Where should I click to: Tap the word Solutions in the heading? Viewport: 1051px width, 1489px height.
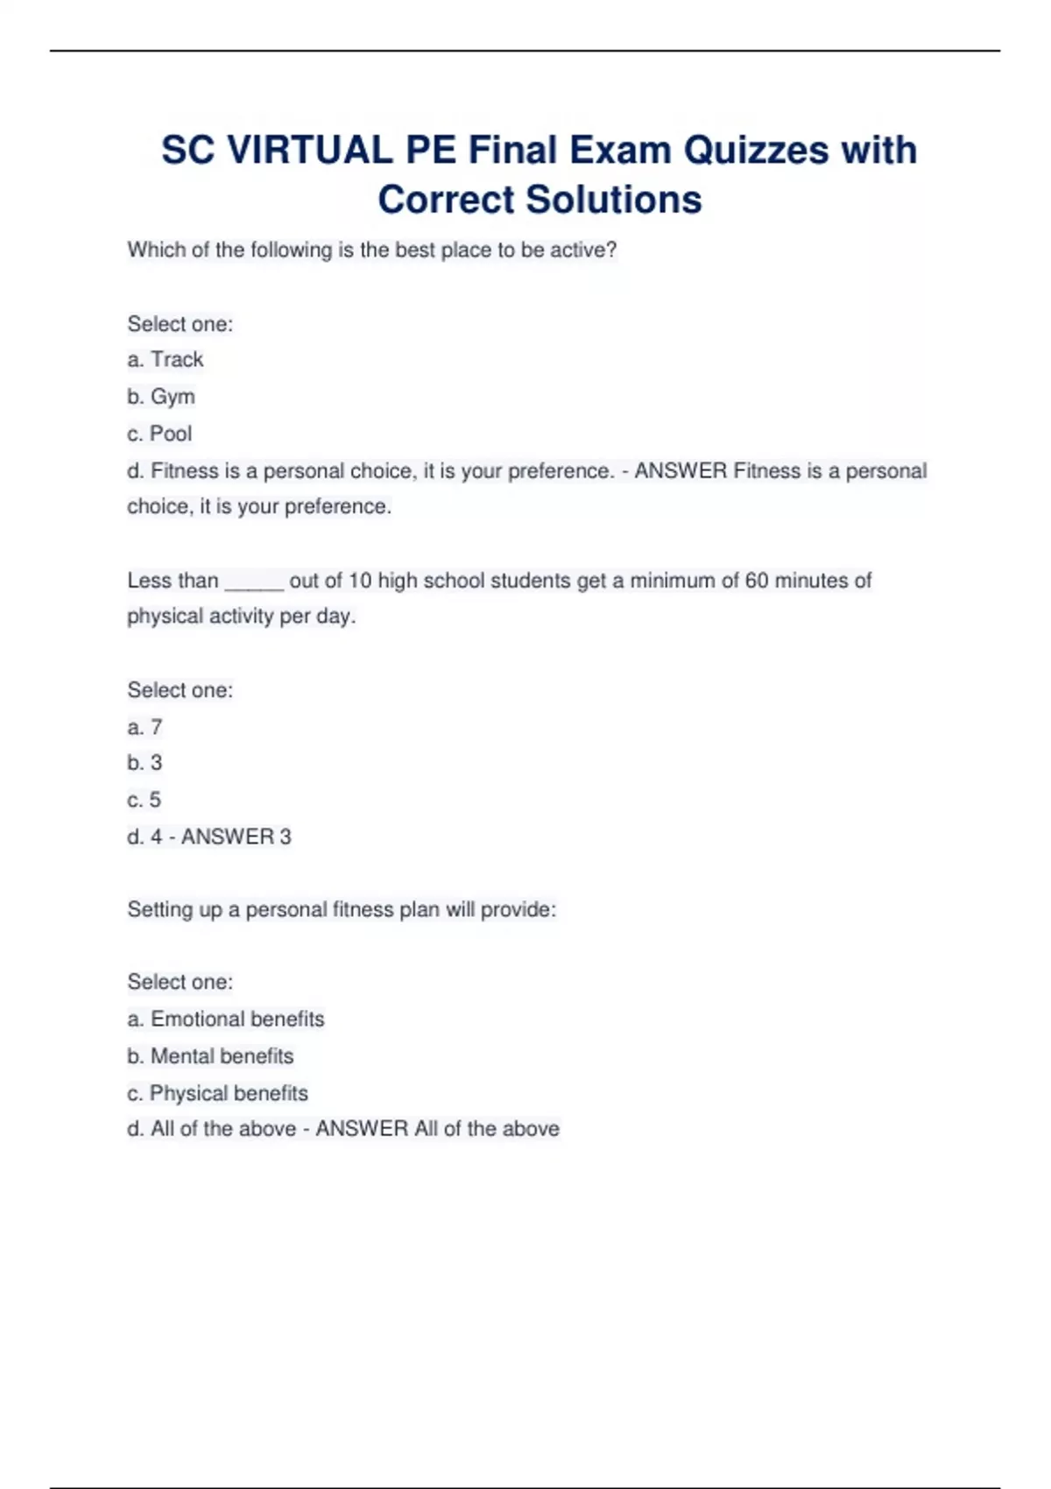coord(614,200)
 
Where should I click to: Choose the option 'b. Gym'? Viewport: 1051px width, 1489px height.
coord(161,397)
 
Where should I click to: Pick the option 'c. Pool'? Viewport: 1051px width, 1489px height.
coord(159,434)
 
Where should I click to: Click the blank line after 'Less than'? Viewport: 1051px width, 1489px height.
coord(254,582)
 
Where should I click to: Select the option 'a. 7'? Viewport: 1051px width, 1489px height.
coord(145,727)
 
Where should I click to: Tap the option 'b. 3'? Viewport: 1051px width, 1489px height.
coord(145,763)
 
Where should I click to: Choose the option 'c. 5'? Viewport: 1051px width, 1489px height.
coord(145,800)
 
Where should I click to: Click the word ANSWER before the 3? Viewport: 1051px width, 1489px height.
coord(228,836)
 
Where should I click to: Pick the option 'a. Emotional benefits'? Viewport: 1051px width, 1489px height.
coord(226,1019)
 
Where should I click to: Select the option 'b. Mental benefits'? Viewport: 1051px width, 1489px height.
coord(210,1055)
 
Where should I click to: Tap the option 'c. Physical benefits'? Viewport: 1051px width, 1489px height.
coord(217,1093)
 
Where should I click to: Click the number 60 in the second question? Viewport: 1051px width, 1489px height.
coord(757,581)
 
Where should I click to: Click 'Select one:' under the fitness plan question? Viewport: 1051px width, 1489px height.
coord(180,982)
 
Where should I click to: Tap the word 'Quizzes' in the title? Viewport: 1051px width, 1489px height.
coord(755,151)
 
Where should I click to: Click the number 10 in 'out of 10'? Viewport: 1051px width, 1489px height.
coord(360,581)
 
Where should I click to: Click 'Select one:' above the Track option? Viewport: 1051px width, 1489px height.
coord(180,324)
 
